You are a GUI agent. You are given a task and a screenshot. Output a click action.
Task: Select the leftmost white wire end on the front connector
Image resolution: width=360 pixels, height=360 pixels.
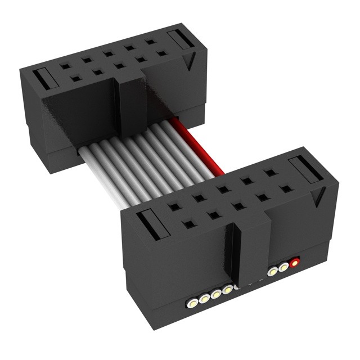pos(193,302)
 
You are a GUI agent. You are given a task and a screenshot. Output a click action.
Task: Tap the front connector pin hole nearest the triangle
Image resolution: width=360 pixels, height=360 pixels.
pos(285,189)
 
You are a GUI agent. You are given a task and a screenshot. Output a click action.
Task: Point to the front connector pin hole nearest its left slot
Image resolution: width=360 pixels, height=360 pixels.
pos(188,224)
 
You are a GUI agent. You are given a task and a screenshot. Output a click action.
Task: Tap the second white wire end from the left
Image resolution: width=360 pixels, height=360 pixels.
pos(204,298)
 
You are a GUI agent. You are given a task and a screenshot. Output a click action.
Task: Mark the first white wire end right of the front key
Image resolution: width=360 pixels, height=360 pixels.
pos(273,271)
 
